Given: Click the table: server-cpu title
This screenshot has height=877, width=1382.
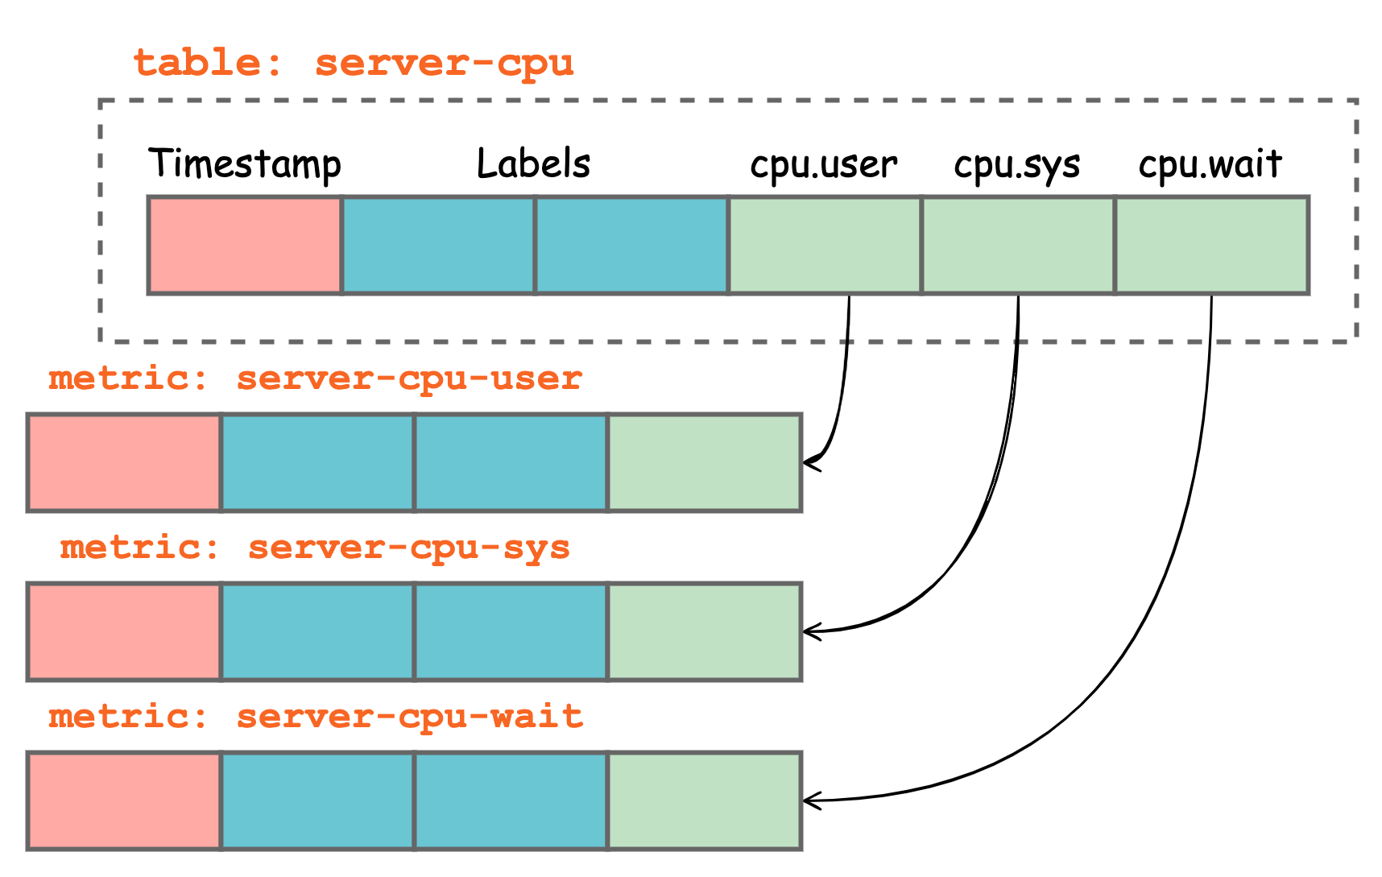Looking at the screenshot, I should click(353, 64).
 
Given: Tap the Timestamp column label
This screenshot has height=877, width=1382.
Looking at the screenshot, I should click(245, 164).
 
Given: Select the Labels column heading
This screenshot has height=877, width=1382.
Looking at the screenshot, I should click(533, 163).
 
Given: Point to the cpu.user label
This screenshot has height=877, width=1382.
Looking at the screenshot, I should click(823, 165).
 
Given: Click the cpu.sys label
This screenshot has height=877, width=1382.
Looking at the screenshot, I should click(1016, 165).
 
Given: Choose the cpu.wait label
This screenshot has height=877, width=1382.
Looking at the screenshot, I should click(1210, 164).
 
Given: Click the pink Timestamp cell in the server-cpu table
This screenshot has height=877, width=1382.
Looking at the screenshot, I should click(245, 245).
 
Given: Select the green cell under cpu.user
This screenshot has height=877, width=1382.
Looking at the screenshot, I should click(825, 245).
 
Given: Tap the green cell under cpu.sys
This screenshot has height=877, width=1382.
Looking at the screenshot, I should click(1018, 245).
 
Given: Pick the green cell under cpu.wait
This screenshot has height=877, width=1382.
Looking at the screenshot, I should click(1211, 245).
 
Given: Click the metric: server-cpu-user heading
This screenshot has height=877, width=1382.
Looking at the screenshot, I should click(315, 379).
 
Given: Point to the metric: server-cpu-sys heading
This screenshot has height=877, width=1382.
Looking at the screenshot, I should click(315, 548).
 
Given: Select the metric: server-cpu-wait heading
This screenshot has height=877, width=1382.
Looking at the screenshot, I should click(315, 717).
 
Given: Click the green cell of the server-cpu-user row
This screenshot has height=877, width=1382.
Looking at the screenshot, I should click(704, 462).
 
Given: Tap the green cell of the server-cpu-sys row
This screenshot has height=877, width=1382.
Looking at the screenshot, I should click(704, 631).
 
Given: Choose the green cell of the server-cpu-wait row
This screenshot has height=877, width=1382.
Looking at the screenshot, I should click(704, 800).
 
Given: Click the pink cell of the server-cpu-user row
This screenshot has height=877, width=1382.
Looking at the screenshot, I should click(124, 462).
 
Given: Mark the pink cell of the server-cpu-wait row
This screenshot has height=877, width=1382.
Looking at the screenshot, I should click(124, 800).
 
